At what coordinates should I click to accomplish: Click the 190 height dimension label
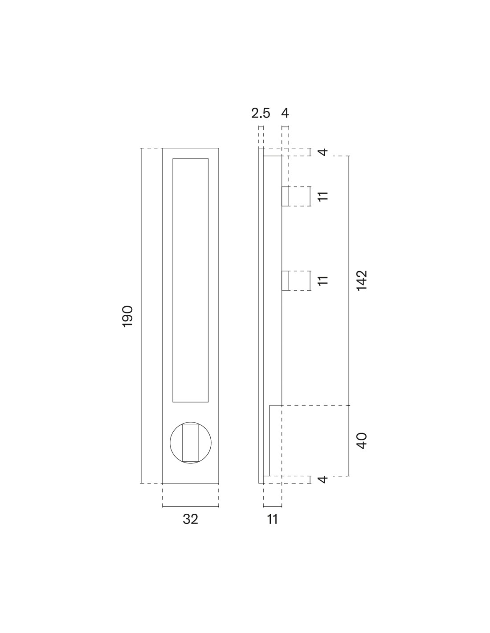tap(128, 316)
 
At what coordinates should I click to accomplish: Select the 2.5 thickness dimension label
tap(261, 114)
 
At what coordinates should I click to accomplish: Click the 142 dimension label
tap(362, 280)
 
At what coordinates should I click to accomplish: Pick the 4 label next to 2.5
tap(285, 114)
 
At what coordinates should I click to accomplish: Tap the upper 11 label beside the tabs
tap(323, 196)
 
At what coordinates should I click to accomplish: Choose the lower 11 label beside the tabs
tap(323, 280)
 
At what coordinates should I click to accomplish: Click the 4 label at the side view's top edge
tap(323, 152)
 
